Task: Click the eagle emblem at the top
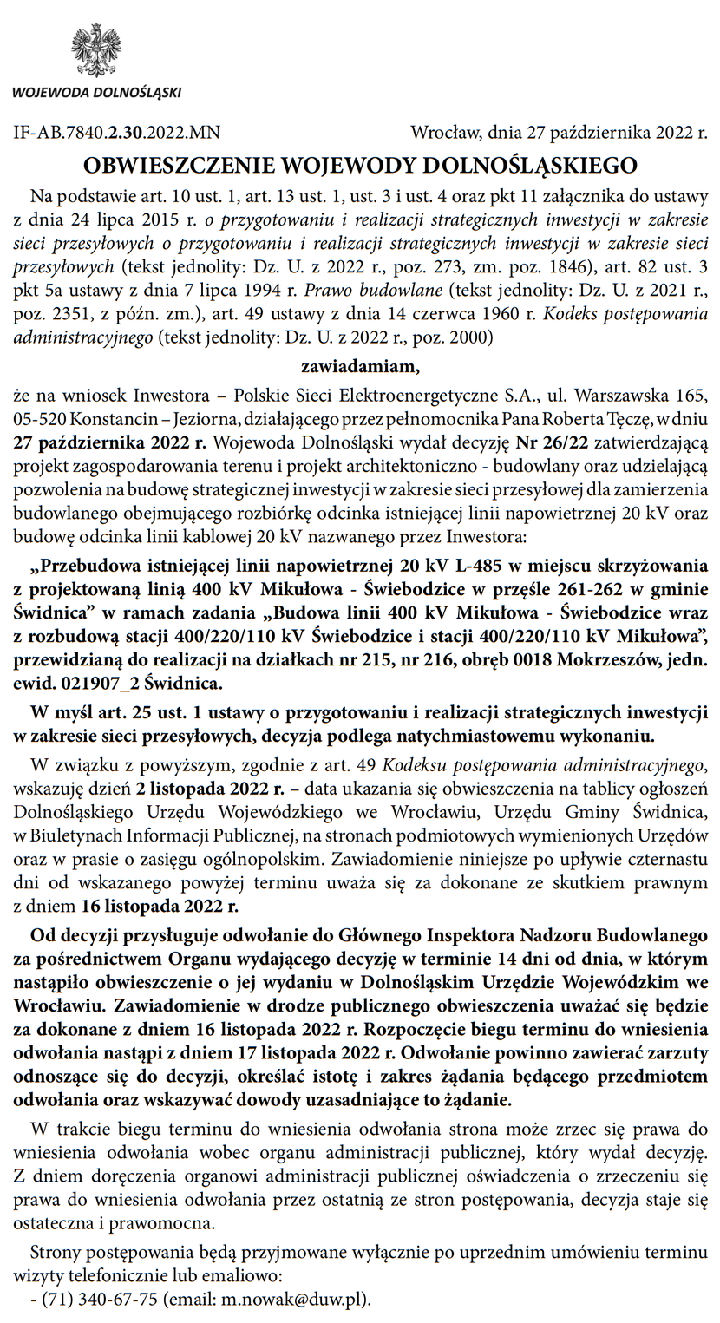click(x=95, y=49)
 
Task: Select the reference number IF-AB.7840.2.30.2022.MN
click(x=117, y=133)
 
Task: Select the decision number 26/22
click(x=552, y=441)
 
